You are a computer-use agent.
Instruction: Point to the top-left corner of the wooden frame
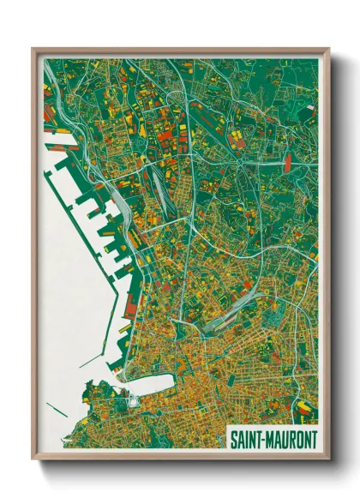coord(33,49)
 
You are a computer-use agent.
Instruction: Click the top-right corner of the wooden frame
coord(328,49)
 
